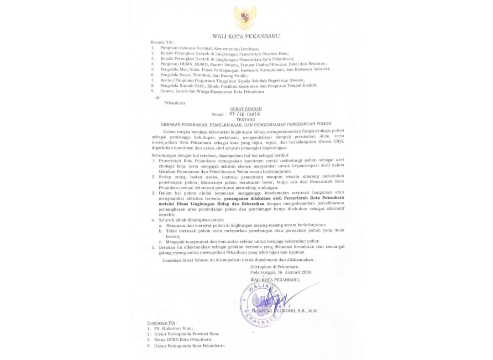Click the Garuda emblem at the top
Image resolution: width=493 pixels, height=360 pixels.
(245, 17)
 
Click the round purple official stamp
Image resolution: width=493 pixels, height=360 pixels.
(261, 303)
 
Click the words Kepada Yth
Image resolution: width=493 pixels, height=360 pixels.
(163, 42)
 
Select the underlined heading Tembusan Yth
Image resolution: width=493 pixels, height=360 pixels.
(163, 323)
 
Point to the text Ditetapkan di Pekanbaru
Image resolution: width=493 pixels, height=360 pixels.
(274, 266)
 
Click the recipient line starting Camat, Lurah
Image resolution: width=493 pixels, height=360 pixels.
(212, 91)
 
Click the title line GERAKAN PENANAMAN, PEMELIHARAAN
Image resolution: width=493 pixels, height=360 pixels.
(246, 124)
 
